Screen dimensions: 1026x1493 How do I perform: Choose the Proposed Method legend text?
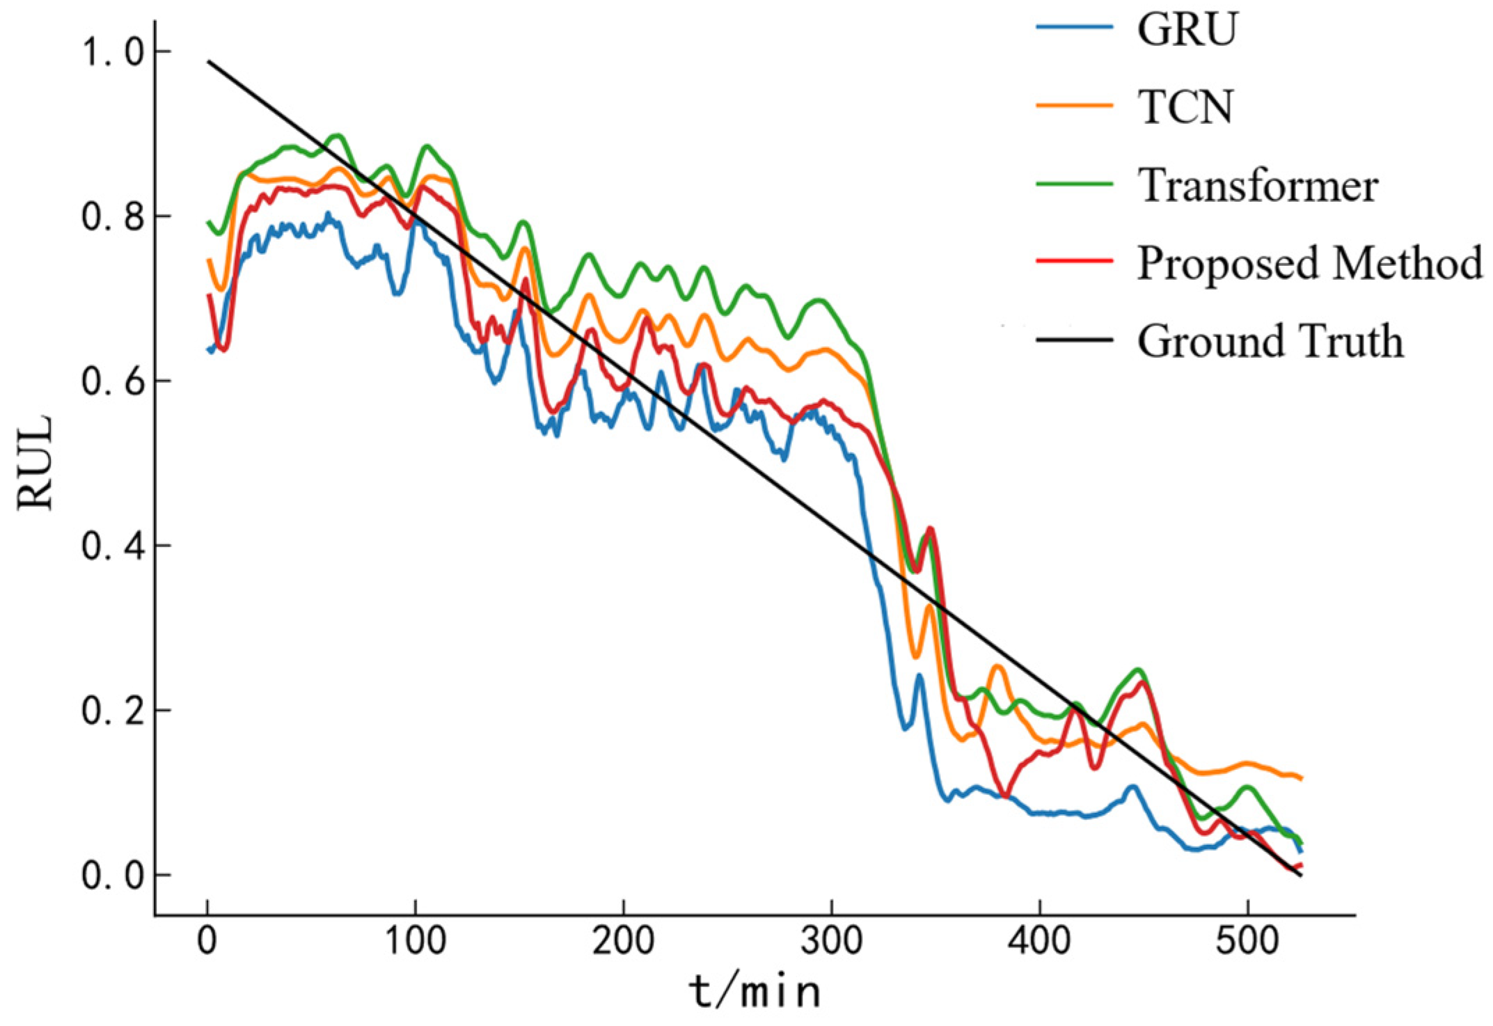pos(1309,263)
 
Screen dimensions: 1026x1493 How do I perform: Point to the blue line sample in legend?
pos(1074,28)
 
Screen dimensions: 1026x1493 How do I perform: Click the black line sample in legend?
pos(1074,340)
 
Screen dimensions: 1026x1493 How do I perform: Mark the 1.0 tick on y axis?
pos(114,52)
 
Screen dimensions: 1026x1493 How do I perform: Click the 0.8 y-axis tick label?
pos(114,216)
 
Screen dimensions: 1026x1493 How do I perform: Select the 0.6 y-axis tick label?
pos(114,381)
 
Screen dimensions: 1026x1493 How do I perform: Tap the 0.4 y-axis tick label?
pos(114,546)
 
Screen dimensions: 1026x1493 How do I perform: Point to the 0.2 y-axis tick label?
pos(114,711)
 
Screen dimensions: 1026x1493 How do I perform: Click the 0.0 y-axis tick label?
pos(114,875)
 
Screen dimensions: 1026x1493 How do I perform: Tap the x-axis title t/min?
pos(755,993)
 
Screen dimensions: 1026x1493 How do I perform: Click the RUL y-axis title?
pos(35,463)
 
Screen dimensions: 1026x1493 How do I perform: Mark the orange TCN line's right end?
pos(1300,778)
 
